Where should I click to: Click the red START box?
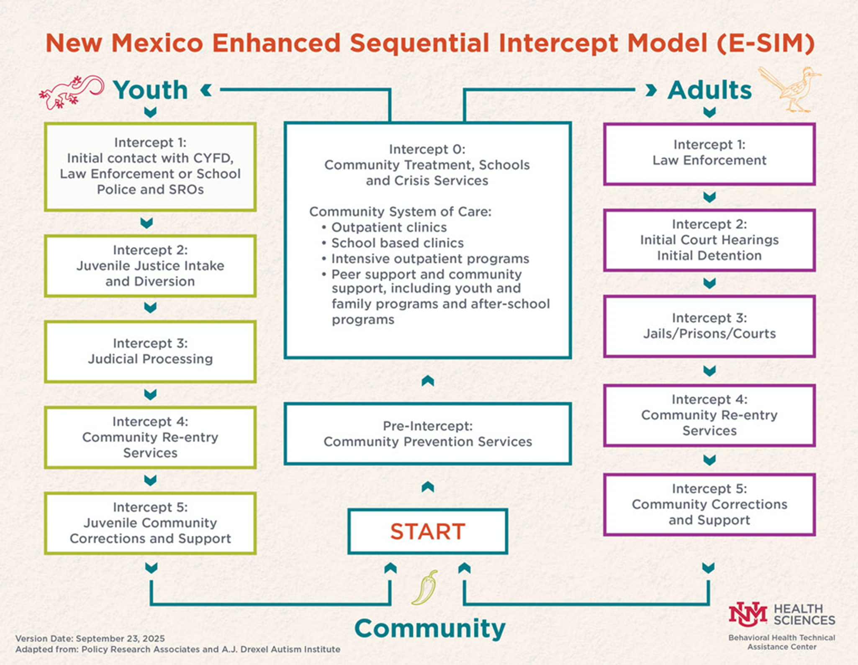[x=427, y=531]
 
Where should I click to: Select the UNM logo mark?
[x=748, y=614]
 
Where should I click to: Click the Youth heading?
[x=150, y=90]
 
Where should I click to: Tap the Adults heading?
[x=709, y=90]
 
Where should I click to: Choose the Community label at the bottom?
[x=430, y=629]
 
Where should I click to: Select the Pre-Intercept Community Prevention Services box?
[x=427, y=434]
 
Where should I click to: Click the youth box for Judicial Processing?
[x=150, y=352]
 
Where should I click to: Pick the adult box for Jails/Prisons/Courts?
[x=709, y=326]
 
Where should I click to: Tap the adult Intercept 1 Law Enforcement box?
[x=709, y=153]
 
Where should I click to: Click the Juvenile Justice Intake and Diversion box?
[x=150, y=266]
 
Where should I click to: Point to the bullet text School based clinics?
[x=397, y=243]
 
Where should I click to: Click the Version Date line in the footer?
[x=90, y=639]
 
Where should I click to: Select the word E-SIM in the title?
[x=766, y=43]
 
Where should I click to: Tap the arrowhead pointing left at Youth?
[x=206, y=90]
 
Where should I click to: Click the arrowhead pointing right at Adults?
[x=651, y=90]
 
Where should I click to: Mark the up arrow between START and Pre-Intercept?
[x=427, y=487]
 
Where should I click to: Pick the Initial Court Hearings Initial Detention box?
[x=709, y=240]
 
